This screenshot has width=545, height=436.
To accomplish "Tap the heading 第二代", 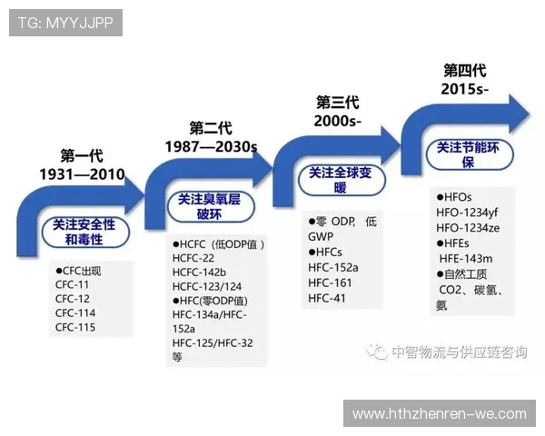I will click(x=211, y=127).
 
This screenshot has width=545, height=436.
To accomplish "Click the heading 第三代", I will click(x=337, y=102).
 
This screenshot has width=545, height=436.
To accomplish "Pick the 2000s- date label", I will click(x=337, y=121).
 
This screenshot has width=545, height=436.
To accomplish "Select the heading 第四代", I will click(x=465, y=70).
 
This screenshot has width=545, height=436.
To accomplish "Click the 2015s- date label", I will click(x=465, y=89).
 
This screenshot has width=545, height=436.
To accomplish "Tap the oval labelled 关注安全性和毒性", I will click(x=84, y=232).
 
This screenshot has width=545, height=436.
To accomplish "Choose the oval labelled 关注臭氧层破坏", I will click(x=211, y=206).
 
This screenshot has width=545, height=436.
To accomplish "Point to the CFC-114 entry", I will click(x=75, y=312).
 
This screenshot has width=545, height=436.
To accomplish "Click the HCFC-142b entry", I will click(x=199, y=272).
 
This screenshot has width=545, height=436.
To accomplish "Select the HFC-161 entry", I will click(x=328, y=282).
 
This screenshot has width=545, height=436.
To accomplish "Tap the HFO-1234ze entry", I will click(x=470, y=226).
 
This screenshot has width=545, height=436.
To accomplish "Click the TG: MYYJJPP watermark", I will click(x=65, y=23).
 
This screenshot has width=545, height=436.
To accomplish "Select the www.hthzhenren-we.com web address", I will click(x=439, y=413).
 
